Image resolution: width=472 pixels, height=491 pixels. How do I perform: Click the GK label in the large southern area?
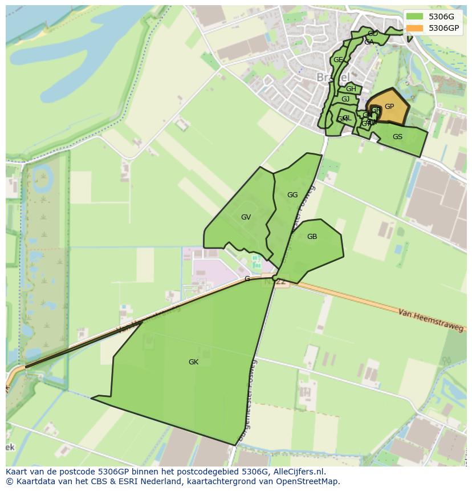(193, 362)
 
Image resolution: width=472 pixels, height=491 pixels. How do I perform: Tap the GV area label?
(246, 217)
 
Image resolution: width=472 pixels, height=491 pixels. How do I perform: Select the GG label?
(292, 195)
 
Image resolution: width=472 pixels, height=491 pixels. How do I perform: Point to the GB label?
(312, 237)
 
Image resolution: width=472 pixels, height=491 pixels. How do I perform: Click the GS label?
(397, 137)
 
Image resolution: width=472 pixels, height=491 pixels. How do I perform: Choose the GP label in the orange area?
(389, 107)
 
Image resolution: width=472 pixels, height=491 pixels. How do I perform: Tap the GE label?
(338, 60)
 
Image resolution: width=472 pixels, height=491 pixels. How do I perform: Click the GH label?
(351, 89)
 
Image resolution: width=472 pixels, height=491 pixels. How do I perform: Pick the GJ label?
(345, 99)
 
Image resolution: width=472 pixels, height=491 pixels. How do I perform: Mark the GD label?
(373, 34)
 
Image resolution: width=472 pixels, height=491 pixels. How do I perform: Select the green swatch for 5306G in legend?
(415, 17)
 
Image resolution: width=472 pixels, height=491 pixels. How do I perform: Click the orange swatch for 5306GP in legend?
(415, 28)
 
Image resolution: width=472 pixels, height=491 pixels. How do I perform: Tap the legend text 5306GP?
(445, 28)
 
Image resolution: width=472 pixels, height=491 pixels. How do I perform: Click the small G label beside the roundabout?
(247, 279)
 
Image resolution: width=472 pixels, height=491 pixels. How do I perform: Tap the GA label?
(369, 42)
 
